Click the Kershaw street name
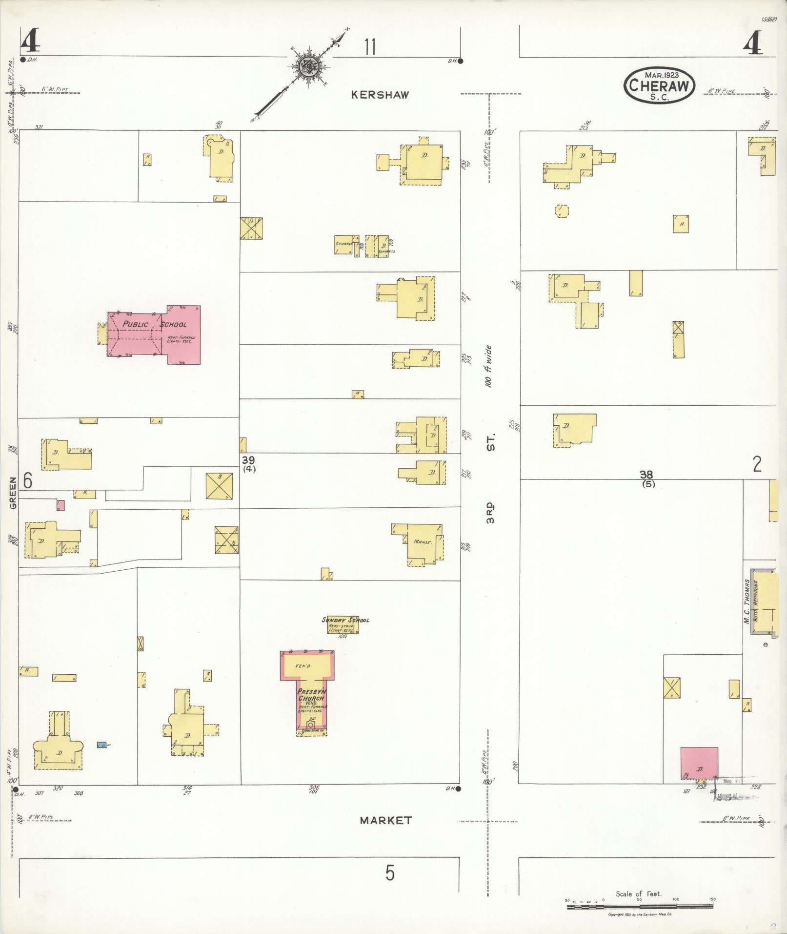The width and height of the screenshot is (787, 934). (380, 95)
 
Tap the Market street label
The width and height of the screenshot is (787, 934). (385, 821)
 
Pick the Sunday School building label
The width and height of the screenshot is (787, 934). (345, 620)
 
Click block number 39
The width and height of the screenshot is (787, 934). (249, 460)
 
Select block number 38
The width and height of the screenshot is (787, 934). (647, 474)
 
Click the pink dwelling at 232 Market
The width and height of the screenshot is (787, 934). (699, 770)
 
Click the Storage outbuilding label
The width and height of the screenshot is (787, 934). (343, 243)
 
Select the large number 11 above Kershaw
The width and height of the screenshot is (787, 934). (370, 47)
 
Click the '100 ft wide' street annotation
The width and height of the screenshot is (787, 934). (489, 367)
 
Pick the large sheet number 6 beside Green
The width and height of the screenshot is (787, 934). (28, 481)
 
